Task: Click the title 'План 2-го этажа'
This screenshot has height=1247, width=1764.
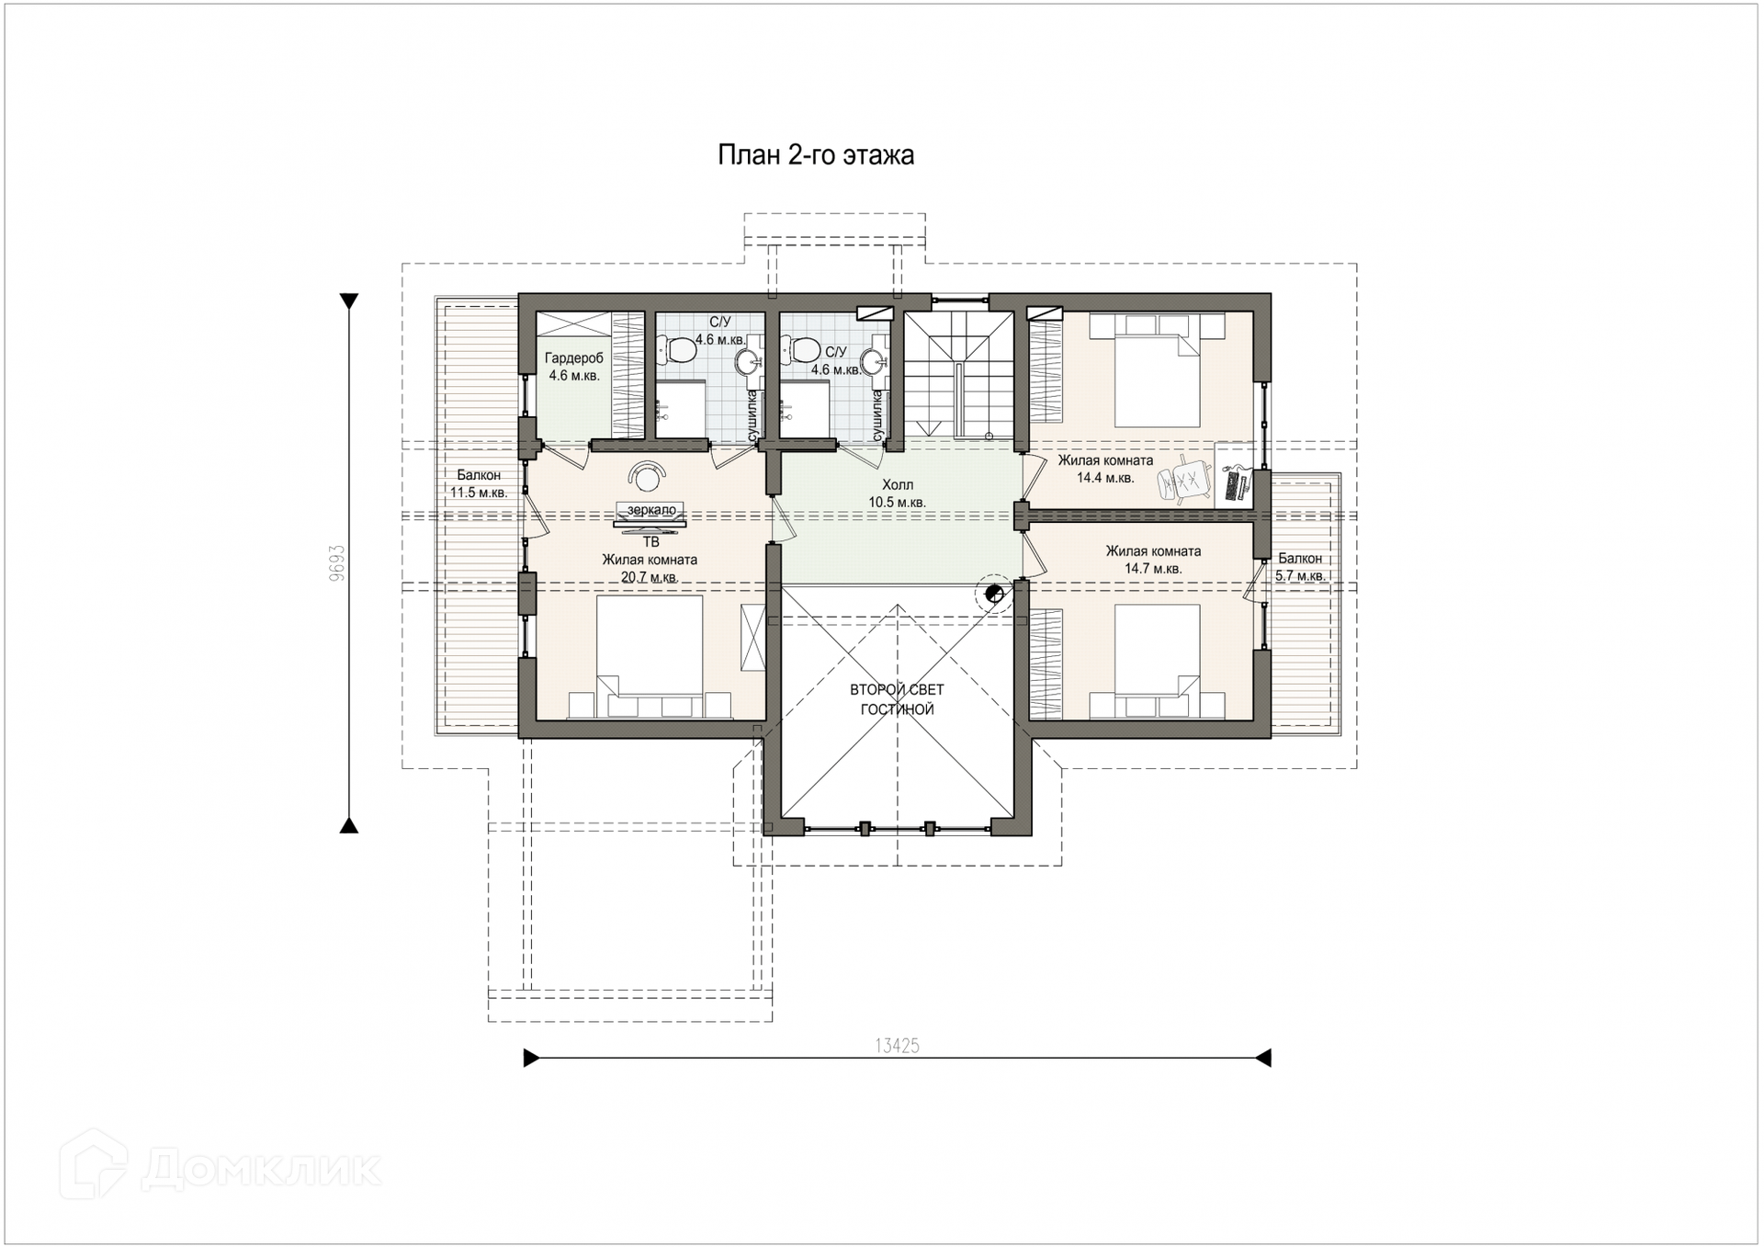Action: [815, 155]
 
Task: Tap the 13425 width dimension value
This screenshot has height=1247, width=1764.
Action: [897, 1046]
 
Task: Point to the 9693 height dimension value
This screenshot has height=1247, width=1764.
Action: [336, 562]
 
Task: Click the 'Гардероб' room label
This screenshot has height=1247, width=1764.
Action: [574, 358]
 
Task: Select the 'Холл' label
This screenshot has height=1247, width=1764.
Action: [898, 484]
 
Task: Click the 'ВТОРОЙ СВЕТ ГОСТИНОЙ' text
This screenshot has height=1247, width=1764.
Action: [897, 699]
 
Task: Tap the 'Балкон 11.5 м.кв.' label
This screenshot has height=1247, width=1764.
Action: [479, 483]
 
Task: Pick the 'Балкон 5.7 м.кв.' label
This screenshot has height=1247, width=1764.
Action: [1300, 567]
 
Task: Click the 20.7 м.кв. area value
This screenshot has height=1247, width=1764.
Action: [650, 577]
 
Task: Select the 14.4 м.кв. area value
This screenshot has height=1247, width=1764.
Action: [1105, 478]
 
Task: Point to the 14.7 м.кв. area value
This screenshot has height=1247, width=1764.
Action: [1153, 569]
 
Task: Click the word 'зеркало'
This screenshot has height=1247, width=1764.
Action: [651, 510]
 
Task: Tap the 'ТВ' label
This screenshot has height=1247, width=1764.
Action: [651, 542]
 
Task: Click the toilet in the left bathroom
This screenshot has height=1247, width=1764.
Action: [677, 349]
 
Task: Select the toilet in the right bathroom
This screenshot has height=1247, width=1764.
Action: [801, 349]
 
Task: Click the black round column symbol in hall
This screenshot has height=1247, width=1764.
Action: [993, 593]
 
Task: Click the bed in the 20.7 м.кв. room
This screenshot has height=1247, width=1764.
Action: [650, 657]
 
